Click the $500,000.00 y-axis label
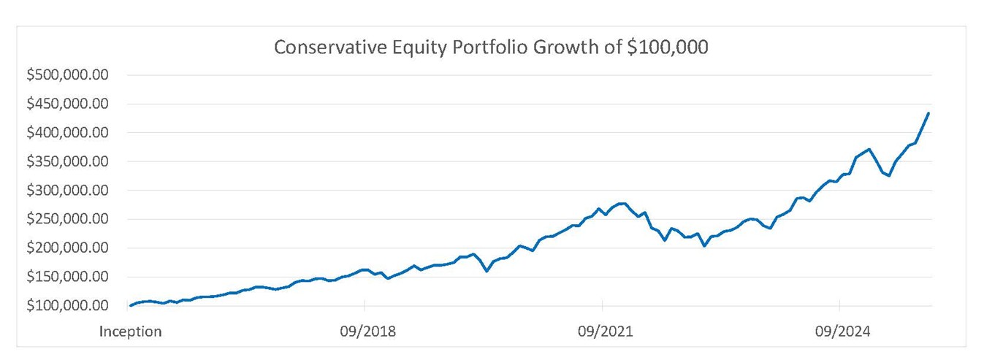tap(67, 75)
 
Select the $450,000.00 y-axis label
tap(67, 104)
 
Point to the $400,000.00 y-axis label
tap(67, 133)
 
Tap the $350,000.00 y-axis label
tap(67, 161)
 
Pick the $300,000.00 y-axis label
tap(67, 191)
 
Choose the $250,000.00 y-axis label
tap(67, 219)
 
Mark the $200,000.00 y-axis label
tap(67, 248)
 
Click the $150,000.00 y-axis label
tap(67, 277)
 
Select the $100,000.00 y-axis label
tap(67, 306)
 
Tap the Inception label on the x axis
tap(130, 332)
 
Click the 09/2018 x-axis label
tap(367, 332)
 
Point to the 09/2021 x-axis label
tap(605, 332)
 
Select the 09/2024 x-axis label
tap(842, 332)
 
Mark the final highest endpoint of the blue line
tap(928, 113)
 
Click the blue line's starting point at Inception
tap(130, 306)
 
